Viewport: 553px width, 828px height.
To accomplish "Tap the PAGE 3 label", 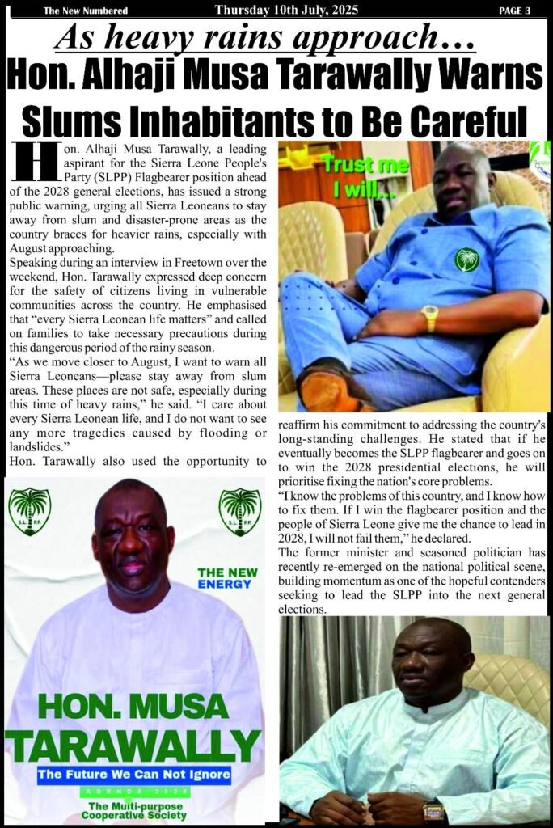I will pyautogui.click(x=514, y=11).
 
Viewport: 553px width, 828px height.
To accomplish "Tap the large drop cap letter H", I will pyautogui.click(x=28, y=163).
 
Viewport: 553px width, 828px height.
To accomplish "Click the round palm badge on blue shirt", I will pyautogui.click(x=466, y=259).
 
